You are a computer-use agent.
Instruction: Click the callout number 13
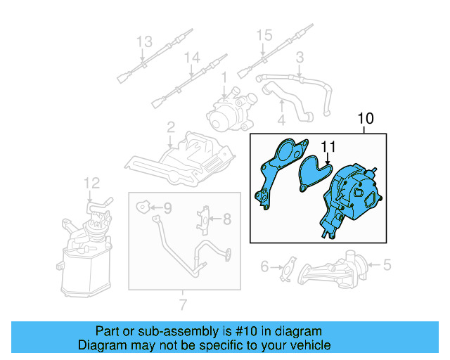[x=143, y=41]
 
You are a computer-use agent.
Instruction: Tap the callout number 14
[x=192, y=58]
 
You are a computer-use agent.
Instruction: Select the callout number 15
[x=263, y=35]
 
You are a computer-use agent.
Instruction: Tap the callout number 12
[x=94, y=184]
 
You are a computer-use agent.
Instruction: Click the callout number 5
[x=386, y=265]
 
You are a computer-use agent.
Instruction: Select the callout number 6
[x=265, y=266]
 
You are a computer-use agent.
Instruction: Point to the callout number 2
[x=171, y=127]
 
